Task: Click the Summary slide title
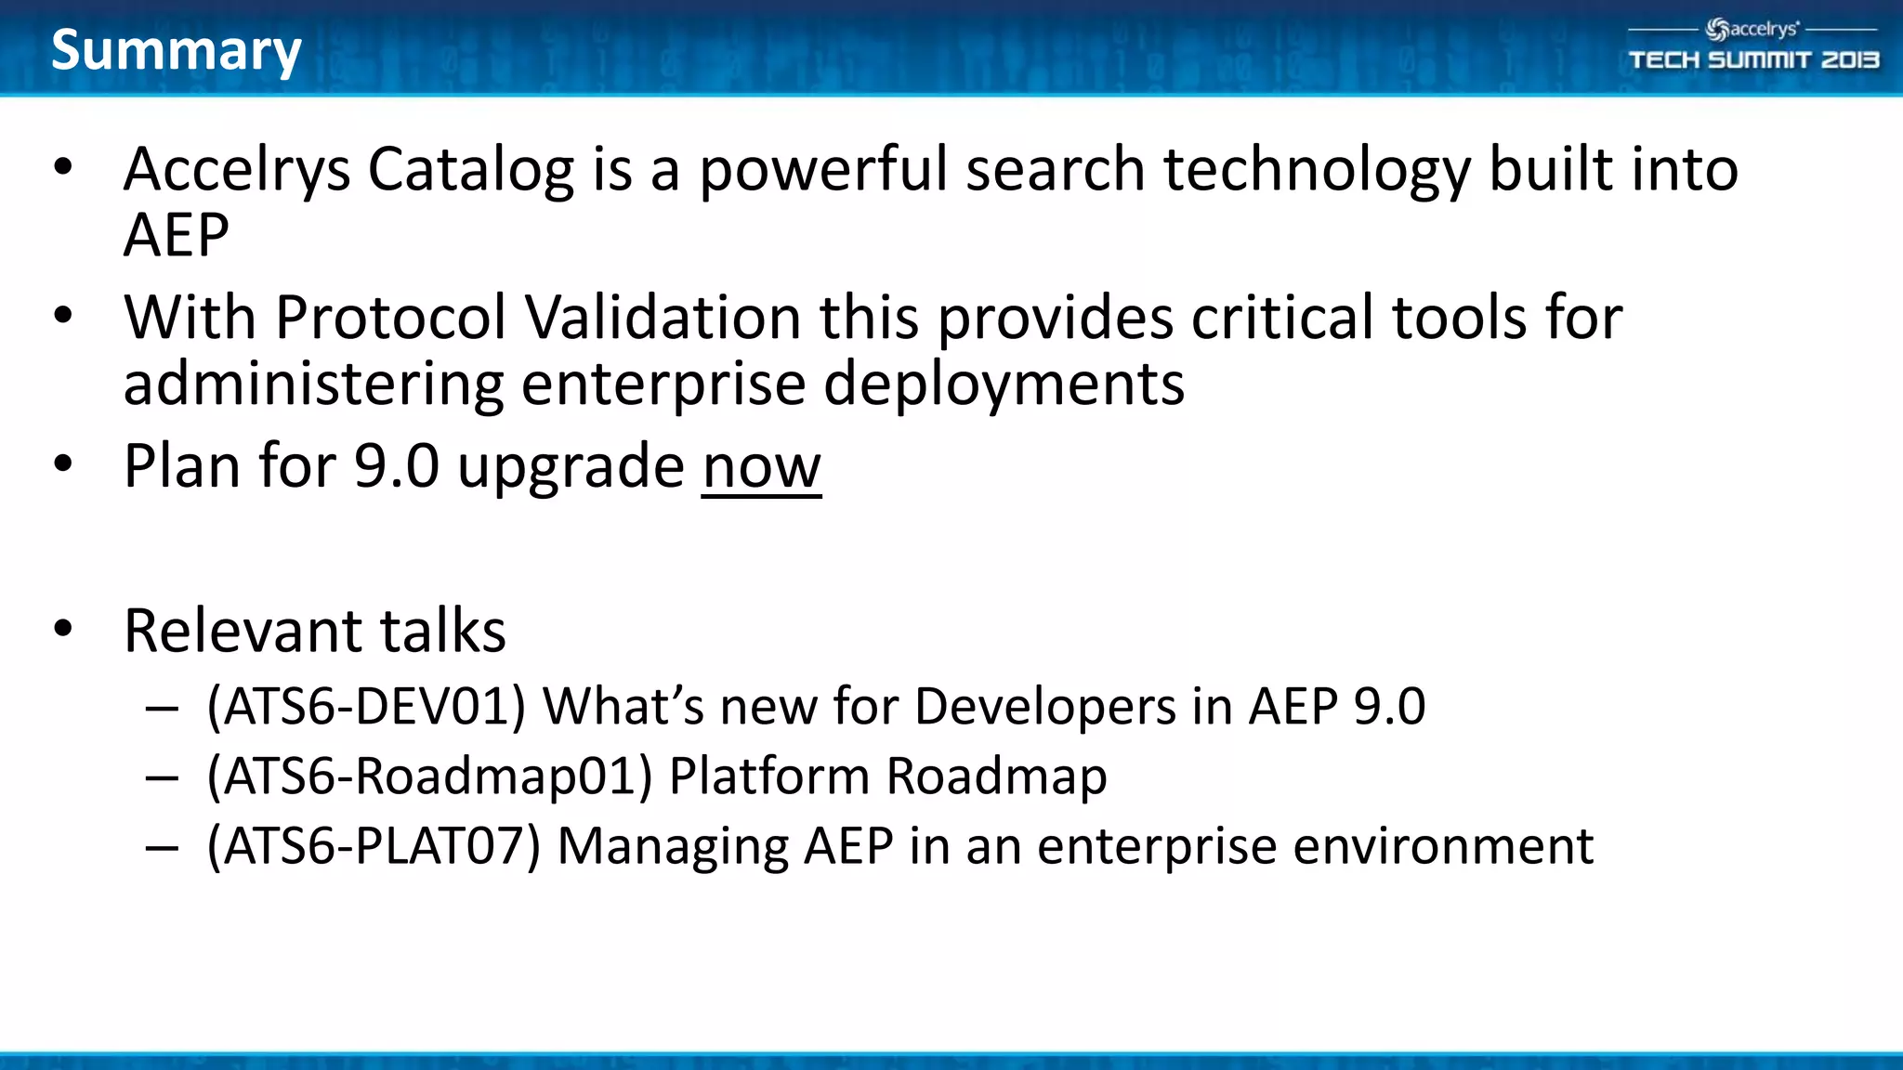click(177, 50)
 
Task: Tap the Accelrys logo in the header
click(1752, 30)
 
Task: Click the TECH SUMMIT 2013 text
click(1753, 60)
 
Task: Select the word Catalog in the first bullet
click(471, 170)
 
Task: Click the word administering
click(313, 384)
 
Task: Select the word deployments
click(1004, 384)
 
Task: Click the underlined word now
click(761, 466)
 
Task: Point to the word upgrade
click(571, 468)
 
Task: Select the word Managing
click(672, 846)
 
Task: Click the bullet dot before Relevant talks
click(63, 629)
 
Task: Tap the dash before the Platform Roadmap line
click(162, 777)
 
